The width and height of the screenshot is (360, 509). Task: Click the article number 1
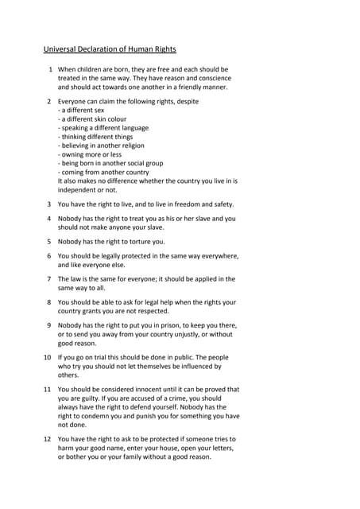49,69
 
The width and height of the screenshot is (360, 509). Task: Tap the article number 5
49,241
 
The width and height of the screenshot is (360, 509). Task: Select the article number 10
48,357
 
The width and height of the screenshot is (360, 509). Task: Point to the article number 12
48,439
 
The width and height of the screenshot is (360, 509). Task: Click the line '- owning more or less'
89,153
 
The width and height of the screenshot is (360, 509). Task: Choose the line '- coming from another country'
103,172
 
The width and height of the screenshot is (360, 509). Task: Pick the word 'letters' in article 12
220,448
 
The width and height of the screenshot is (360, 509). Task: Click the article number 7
49,279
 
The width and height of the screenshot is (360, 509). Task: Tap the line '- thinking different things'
96,136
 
